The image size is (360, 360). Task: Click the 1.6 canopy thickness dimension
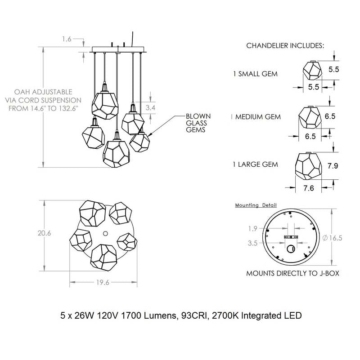coord(67,39)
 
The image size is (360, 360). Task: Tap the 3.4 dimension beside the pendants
coord(150,107)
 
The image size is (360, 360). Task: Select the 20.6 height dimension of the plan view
coord(44,233)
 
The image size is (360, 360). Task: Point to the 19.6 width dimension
coord(103,282)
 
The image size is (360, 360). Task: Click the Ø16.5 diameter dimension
coord(332,238)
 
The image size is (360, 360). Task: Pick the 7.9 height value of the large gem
coord(333,165)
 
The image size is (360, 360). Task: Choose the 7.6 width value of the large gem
coord(309,188)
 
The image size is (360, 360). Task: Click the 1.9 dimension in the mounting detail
coord(252,228)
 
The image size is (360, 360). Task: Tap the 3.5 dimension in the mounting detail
coord(252,243)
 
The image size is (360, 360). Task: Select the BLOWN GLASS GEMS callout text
coord(198,123)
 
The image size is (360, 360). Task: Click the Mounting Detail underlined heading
coord(256,205)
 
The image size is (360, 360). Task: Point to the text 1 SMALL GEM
coord(255,74)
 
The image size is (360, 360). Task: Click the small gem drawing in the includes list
coord(312,70)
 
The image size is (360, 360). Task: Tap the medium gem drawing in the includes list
coord(310,117)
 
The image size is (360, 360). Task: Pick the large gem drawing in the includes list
coord(308,166)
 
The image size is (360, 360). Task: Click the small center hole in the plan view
coord(105,234)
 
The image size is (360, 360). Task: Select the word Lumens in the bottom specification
coord(161,316)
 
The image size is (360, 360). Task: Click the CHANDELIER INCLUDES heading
coord(285,45)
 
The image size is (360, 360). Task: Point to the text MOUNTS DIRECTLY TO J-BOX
coord(292,273)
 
